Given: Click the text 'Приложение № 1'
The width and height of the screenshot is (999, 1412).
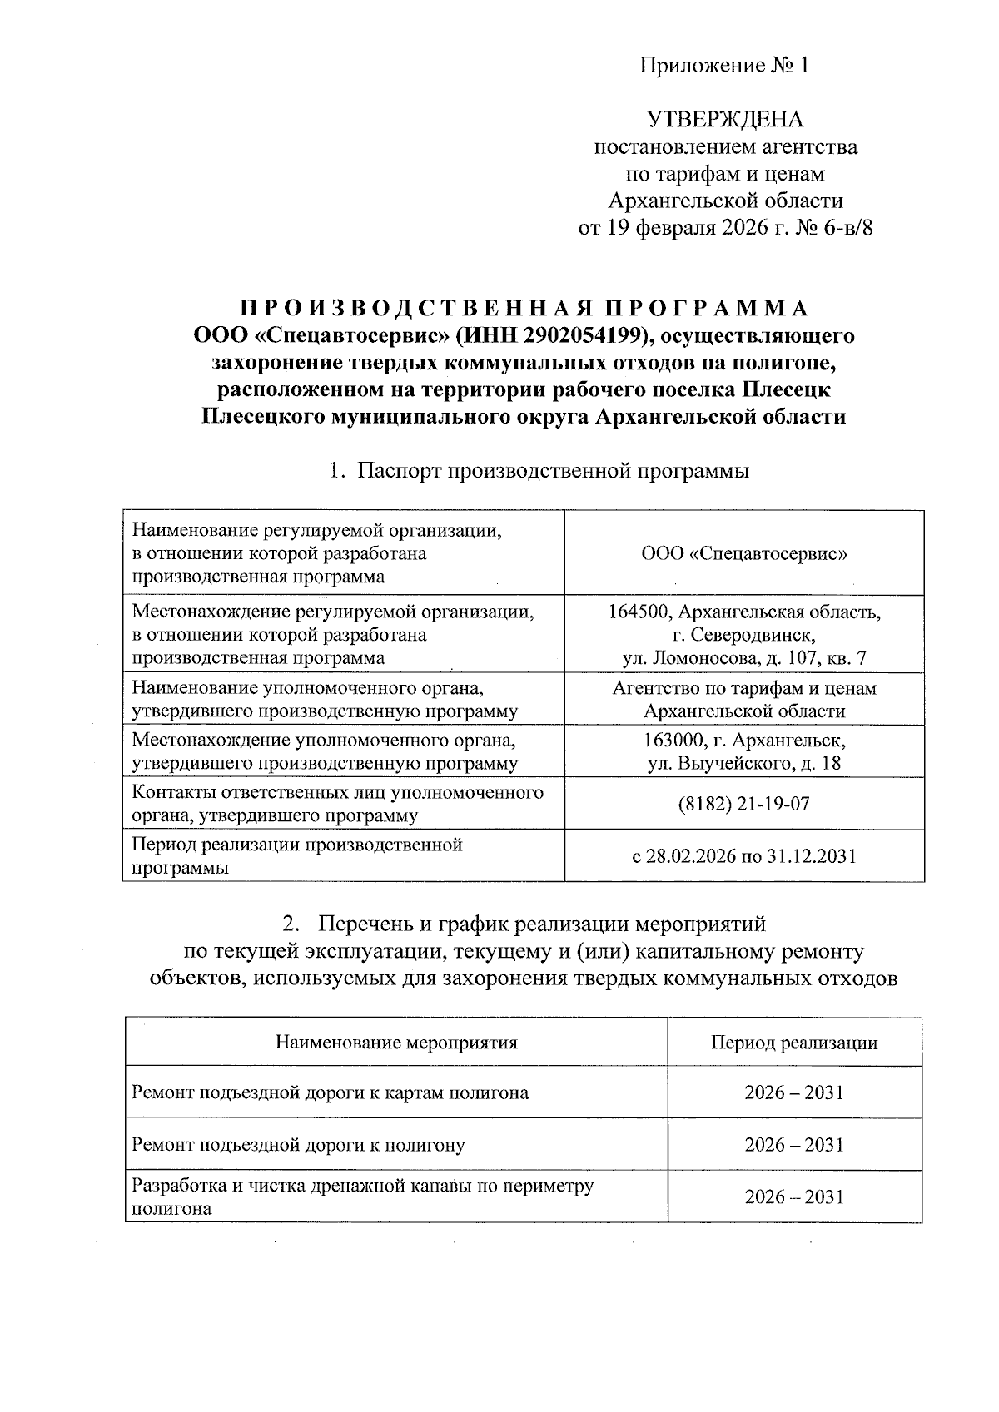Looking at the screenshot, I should point(724,66).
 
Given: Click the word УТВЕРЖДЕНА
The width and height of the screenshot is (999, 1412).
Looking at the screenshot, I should point(725,120).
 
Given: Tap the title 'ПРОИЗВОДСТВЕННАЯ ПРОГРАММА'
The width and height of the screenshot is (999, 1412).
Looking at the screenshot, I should point(524,309).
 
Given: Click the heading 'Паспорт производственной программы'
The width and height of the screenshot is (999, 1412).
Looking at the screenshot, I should point(553,472).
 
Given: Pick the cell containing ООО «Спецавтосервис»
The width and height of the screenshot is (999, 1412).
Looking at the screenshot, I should point(744,553).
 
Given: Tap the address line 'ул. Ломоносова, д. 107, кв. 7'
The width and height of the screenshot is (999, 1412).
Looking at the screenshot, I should point(744,658).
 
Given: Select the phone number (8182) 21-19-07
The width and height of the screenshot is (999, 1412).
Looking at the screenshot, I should point(744,804).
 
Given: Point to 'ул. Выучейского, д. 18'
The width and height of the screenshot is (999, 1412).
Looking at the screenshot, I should point(744,763).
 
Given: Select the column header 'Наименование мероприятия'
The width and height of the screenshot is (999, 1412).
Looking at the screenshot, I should point(396,1043).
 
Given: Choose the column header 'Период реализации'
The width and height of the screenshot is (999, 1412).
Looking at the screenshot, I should point(793,1043).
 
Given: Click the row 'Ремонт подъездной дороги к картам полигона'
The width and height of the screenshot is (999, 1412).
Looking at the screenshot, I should point(331,1092).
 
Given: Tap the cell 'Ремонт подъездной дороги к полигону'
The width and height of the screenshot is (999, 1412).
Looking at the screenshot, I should point(299,1145).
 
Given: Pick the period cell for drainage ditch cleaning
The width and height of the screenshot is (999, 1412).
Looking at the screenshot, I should point(793,1196).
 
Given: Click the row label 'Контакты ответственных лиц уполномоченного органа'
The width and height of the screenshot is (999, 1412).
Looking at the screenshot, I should point(338,804).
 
